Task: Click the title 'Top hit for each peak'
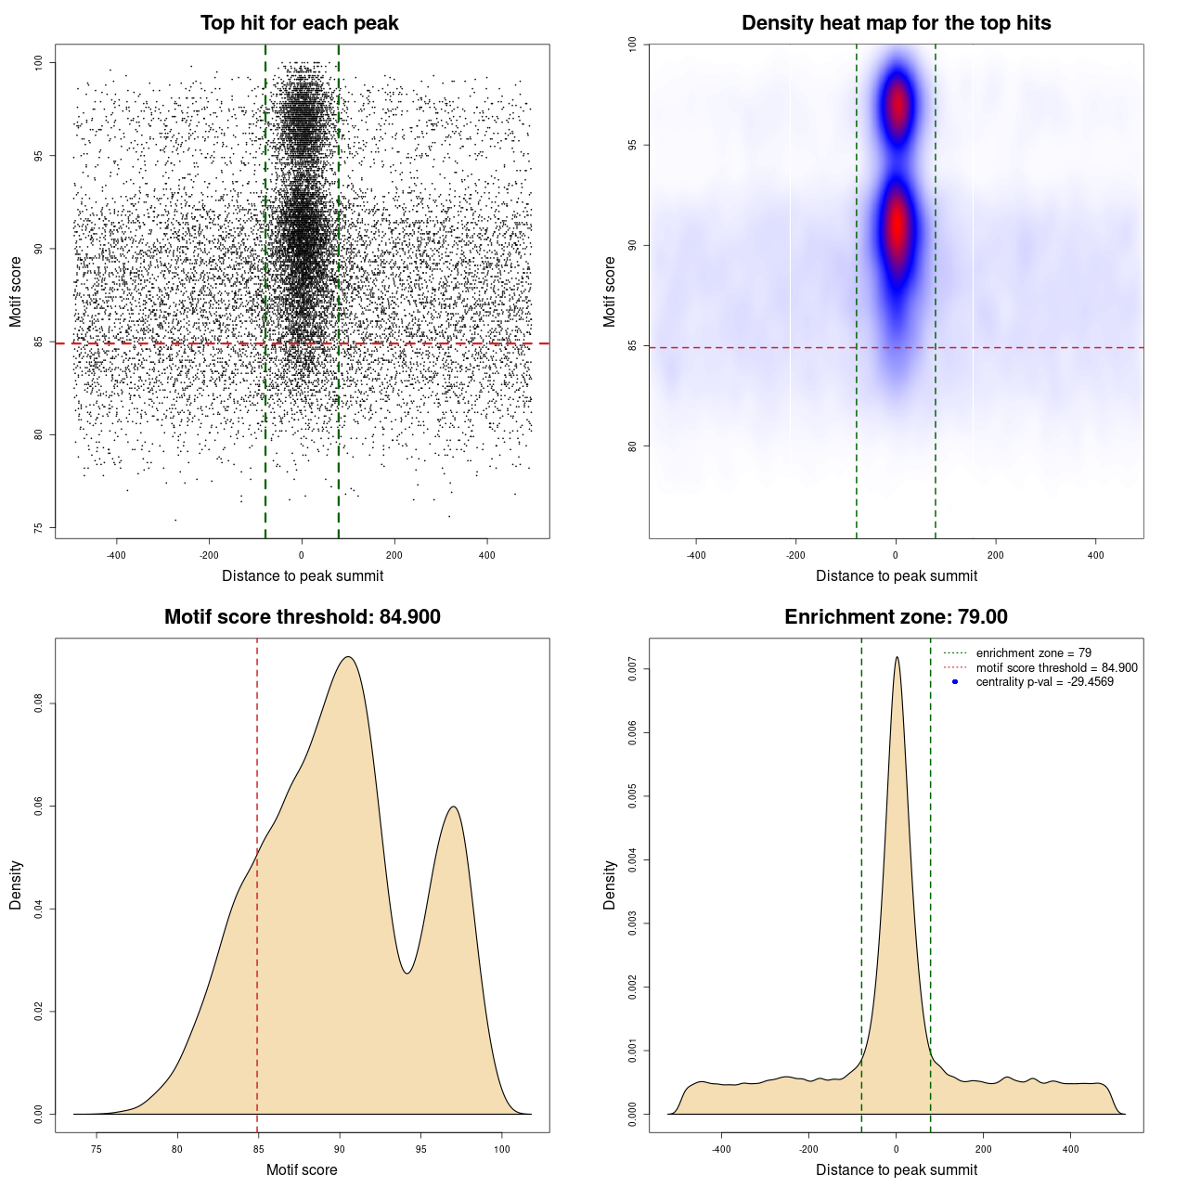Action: (299, 23)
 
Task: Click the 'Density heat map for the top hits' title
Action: (896, 23)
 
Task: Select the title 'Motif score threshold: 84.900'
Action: (302, 617)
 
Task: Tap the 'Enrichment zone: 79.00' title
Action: (896, 617)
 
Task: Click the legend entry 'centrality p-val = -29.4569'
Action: (1044, 682)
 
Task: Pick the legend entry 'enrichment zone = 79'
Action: (1033, 653)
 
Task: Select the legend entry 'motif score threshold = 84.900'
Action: (1056, 668)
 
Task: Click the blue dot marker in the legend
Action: (955, 682)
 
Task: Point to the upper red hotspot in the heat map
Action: (897, 106)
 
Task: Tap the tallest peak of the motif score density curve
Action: (348, 657)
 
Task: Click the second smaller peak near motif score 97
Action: (454, 807)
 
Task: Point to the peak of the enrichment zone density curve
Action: (897, 657)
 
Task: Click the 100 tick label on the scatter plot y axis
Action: (39, 62)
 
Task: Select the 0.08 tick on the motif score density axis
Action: (39, 704)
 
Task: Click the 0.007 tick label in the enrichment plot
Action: (633, 669)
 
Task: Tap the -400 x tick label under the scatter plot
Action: (116, 555)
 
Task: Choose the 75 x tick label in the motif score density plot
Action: (97, 1149)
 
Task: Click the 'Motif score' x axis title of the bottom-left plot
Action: (302, 1169)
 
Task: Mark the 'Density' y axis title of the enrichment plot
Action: (610, 885)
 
